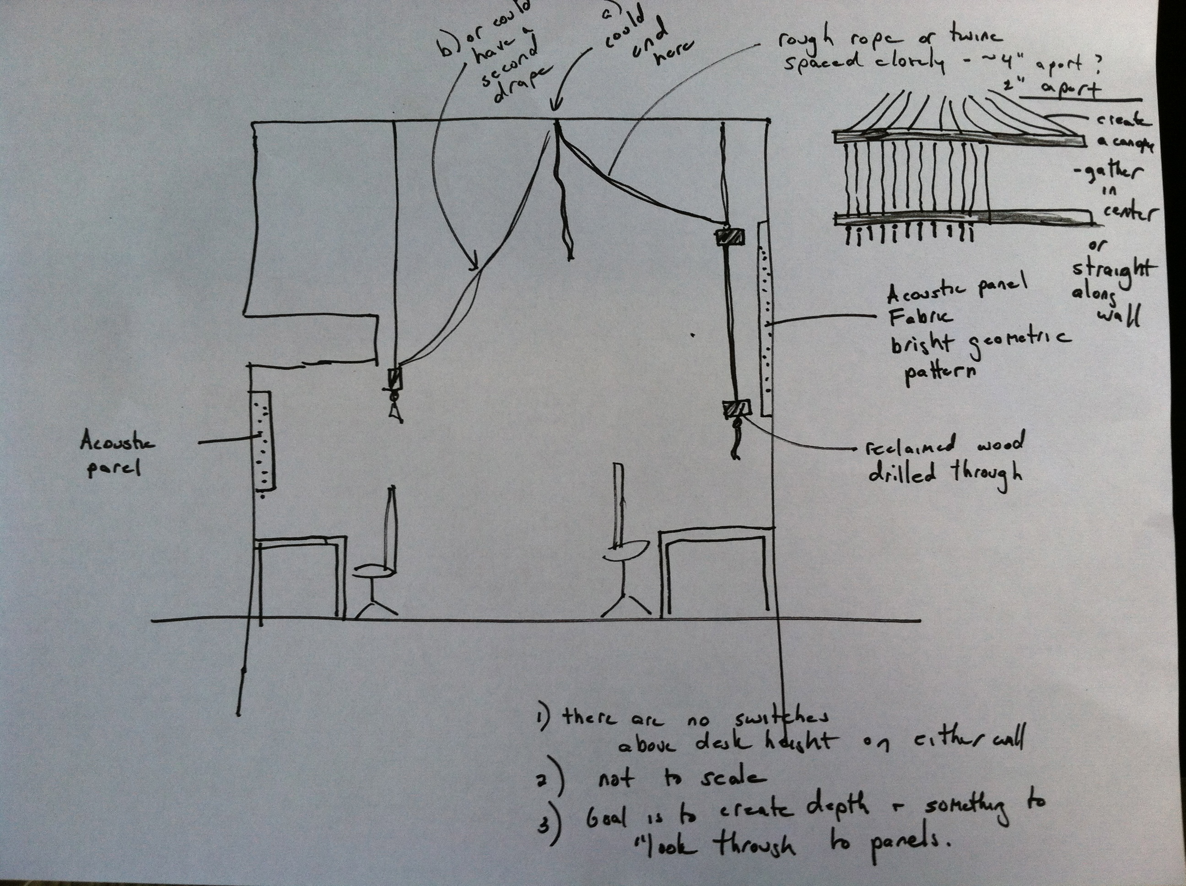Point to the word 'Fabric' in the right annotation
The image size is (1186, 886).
(921, 318)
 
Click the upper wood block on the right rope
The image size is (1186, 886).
(730, 237)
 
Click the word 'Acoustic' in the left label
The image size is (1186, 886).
(117, 443)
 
